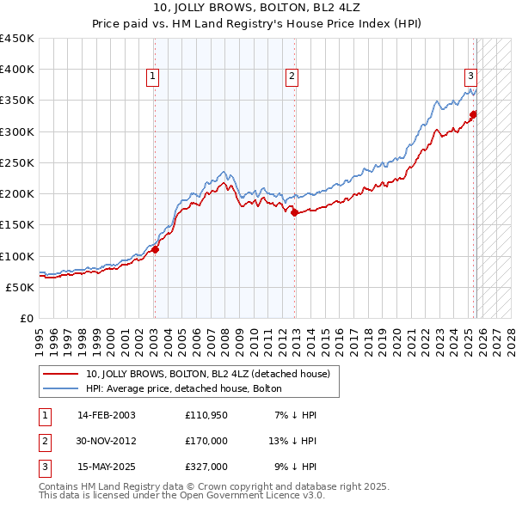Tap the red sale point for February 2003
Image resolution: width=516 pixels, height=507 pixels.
click(x=156, y=250)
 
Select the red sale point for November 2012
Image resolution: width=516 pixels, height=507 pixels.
click(x=295, y=213)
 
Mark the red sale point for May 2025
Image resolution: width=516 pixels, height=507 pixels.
click(x=473, y=114)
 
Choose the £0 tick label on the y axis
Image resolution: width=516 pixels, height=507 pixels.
click(x=26, y=318)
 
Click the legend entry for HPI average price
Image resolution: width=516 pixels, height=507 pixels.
click(x=184, y=388)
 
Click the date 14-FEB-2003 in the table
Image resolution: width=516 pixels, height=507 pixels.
click(x=107, y=415)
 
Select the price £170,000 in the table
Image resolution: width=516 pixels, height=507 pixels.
click(x=206, y=441)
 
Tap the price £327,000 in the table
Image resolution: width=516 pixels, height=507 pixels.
click(x=206, y=467)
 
